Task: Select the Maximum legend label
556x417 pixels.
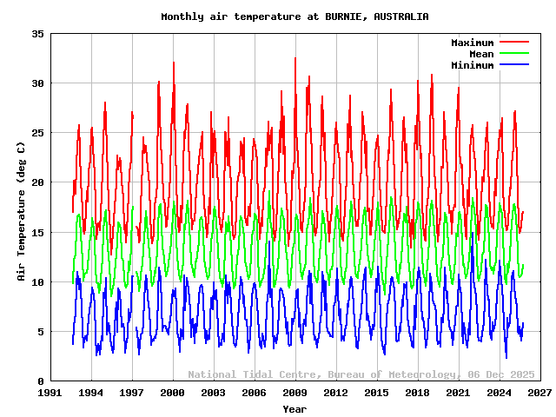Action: (472, 43)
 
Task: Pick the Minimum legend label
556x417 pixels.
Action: (472, 65)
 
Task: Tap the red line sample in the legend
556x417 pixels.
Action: (514, 43)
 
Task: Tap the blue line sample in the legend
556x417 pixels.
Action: (514, 65)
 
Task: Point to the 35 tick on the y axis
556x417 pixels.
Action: (38, 34)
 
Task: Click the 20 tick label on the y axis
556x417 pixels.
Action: (38, 182)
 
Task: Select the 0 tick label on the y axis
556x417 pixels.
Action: (41, 381)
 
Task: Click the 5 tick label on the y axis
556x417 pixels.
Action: (41, 332)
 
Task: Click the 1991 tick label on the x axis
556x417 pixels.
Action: (50, 394)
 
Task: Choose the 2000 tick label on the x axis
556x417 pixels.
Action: (173, 394)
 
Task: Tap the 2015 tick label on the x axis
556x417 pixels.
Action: (376, 394)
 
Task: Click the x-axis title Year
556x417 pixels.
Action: (295, 408)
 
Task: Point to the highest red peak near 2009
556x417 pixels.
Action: (295, 58)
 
